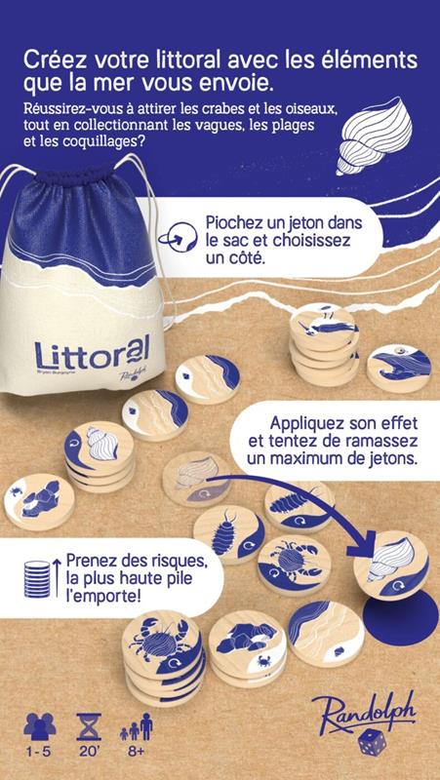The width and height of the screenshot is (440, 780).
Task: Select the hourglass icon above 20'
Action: (89, 726)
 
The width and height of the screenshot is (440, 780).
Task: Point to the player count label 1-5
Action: (40, 751)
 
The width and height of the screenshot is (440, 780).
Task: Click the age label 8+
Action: (136, 751)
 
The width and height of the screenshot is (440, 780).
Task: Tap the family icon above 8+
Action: (136, 726)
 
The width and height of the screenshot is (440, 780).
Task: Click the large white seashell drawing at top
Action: (374, 136)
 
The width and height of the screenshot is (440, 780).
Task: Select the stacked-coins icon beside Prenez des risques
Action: (37, 578)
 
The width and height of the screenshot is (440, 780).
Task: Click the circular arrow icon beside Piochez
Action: (178, 237)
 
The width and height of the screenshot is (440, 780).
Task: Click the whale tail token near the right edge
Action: (399, 370)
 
